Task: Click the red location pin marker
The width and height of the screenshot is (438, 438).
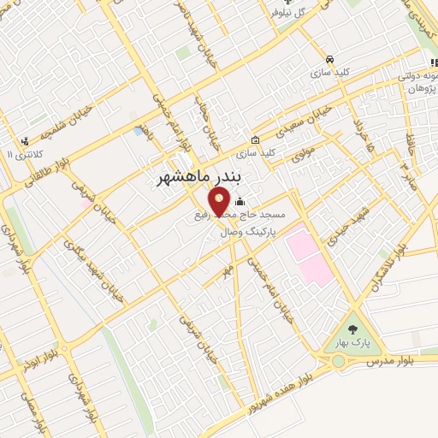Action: [x=220, y=201]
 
